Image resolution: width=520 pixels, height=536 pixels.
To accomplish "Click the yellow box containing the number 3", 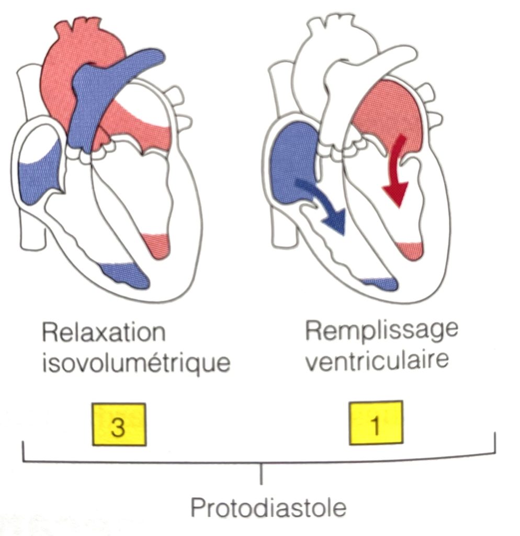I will tap(119, 424).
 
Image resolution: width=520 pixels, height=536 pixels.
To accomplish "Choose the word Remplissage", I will tap(381, 331).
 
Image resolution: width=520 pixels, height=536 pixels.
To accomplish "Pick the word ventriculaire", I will tap(377, 360).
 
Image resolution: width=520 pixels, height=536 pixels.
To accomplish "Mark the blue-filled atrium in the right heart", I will tap(290, 157).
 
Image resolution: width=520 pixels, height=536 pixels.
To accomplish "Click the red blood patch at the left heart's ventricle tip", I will tap(157, 245).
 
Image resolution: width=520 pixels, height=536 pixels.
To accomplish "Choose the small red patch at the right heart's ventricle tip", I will tap(410, 249).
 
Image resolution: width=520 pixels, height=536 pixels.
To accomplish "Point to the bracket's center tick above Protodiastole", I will tap(262, 474).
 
